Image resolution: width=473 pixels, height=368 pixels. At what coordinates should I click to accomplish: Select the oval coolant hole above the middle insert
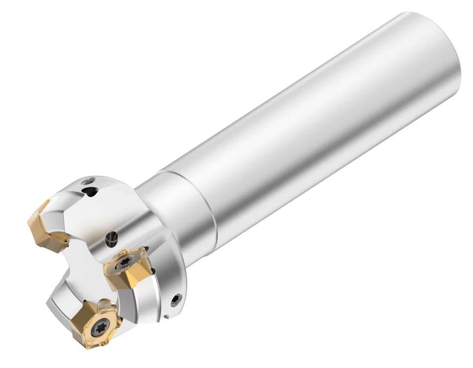tap(113, 239)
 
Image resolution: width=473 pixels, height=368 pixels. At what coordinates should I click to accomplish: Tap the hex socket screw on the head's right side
tap(175, 299)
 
